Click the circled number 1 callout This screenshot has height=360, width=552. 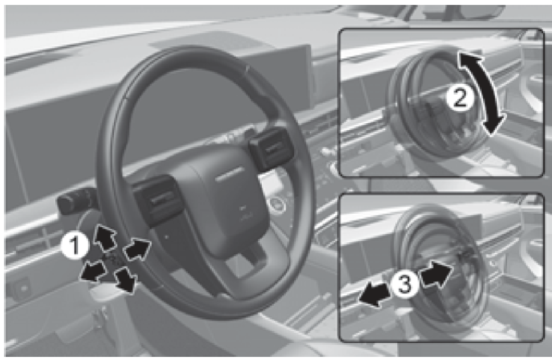[74, 246]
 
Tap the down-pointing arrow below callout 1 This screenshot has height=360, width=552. [126, 280]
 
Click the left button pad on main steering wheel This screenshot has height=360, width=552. [157, 200]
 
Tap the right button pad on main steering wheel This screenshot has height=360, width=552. [272, 149]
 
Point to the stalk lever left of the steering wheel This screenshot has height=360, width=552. [74, 203]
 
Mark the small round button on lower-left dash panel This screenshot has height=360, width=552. [24, 288]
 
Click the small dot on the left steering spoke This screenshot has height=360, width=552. [167, 237]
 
